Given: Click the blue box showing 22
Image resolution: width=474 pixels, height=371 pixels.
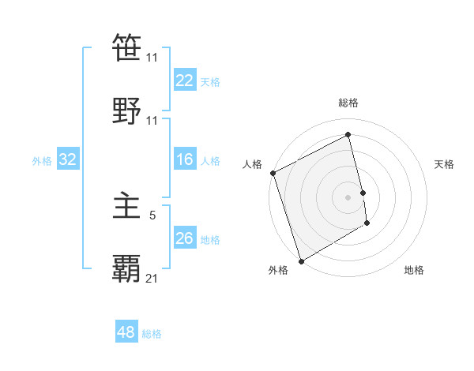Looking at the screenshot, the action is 184,81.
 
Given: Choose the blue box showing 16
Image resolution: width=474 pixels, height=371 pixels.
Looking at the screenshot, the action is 184,160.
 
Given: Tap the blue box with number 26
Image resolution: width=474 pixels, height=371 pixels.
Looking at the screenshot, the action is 184,238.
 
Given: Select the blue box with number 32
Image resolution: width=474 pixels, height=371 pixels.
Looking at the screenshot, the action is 67,160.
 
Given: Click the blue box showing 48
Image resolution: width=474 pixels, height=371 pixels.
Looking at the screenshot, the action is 126,332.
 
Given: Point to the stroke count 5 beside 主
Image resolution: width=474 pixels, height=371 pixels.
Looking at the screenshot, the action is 152,213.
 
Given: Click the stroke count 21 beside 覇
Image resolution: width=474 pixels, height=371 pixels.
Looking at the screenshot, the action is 152,277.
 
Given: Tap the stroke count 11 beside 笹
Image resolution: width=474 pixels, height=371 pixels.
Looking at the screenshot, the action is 152,58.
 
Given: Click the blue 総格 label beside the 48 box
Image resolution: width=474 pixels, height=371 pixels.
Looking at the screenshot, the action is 152,334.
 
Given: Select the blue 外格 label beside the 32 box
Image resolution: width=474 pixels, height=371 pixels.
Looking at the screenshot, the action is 42,161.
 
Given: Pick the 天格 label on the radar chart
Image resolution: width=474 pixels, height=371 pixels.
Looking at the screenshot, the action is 445,164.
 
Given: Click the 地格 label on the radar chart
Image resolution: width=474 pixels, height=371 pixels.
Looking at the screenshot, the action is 414,270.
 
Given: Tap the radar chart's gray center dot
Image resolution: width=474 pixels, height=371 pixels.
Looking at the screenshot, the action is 348,197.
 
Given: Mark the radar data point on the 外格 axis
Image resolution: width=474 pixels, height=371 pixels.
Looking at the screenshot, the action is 300,260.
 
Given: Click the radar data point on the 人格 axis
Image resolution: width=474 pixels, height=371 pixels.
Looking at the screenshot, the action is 273,173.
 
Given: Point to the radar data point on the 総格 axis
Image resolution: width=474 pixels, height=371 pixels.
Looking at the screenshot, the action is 348,134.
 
